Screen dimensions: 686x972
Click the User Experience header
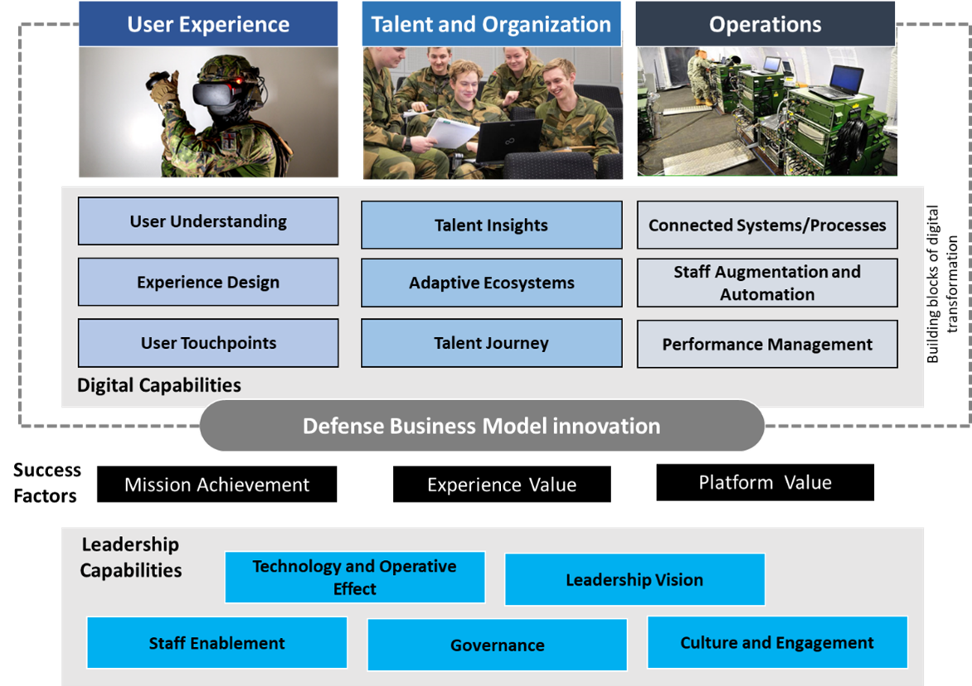[x=208, y=24]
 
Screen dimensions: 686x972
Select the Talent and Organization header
[x=491, y=24]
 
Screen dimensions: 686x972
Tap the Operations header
[x=765, y=24]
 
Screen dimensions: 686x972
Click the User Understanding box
[x=208, y=221]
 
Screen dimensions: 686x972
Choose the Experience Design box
[x=208, y=282]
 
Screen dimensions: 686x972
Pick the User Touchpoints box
[x=208, y=343]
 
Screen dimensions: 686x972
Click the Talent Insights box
[x=491, y=225]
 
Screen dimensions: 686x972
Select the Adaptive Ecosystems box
[x=491, y=283]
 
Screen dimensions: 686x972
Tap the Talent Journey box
[x=491, y=343]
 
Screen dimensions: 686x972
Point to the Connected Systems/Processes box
[x=767, y=225]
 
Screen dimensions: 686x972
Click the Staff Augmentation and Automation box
[x=767, y=283]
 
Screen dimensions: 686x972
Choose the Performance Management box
[x=767, y=344]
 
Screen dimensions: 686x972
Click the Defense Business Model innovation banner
[x=481, y=426]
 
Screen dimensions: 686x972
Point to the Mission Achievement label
[x=216, y=485]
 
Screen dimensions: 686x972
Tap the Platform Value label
[x=765, y=482]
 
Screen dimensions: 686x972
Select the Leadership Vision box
[x=634, y=580]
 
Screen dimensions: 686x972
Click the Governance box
[x=497, y=645]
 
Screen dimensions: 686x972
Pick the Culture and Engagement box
[x=777, y=643]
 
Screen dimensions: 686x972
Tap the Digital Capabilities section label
[x=159, y=385]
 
